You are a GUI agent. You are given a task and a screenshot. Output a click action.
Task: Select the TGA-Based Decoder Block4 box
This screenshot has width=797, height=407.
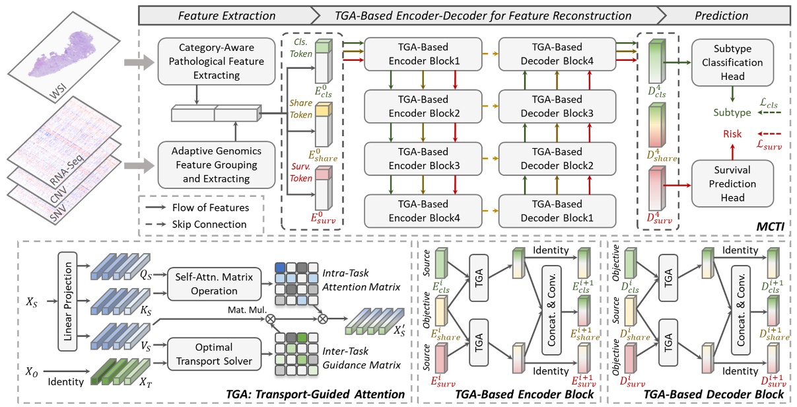click(550, 56)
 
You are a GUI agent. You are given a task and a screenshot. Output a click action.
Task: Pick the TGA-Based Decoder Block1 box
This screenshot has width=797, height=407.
click(550, 211)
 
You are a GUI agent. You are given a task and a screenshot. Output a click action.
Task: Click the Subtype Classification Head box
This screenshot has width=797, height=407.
click(728, 63)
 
